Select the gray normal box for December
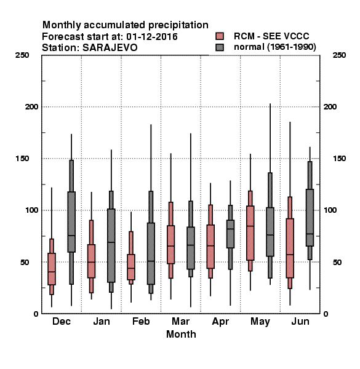point(71,222)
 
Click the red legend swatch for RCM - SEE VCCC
point(220,36)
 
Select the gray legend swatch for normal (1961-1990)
point(220,47)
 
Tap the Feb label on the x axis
point(141,321)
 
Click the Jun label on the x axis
point(300,321)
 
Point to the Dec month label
point(62,321)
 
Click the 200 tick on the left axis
point(31,107)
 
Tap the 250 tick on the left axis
point(22,55)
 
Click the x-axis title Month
point(181,334)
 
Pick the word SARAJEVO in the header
point(110,48)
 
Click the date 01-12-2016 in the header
point(152,37)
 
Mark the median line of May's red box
point(250,226)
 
